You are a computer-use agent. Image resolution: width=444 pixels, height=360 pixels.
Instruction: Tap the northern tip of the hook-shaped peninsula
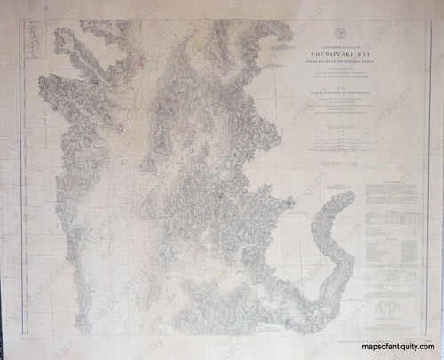[343, 188]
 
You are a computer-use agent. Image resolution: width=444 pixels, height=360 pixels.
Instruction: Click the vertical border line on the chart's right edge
[425, 178]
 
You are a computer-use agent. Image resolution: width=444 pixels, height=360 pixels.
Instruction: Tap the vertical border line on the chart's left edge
[19, 178]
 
